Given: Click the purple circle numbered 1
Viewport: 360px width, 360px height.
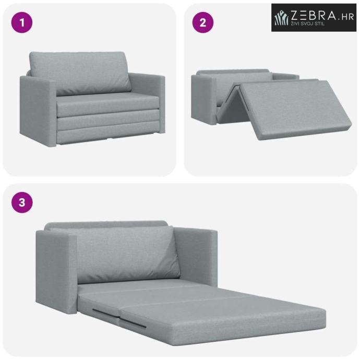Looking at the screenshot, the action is coord(22,22).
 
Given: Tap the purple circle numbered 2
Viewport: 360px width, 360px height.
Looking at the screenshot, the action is coord(203,22).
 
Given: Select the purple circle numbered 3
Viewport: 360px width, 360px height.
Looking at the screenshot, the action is coord(22,202).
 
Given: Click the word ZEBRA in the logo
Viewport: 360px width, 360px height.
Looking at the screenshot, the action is coord(313,16).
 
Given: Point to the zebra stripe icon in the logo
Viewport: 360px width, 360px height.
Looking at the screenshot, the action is coord(282,18).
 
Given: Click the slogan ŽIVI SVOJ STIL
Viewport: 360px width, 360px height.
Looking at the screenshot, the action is coord(307,23).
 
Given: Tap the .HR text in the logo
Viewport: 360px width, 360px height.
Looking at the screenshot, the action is coord(346,17).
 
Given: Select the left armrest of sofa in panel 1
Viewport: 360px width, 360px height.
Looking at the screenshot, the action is coord(38,110).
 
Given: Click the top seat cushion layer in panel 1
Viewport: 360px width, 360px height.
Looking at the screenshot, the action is coord(108,104).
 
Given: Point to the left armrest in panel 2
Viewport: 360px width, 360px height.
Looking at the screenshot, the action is coord(203,99).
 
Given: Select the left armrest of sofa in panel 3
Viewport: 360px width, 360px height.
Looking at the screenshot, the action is coord(56,271).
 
